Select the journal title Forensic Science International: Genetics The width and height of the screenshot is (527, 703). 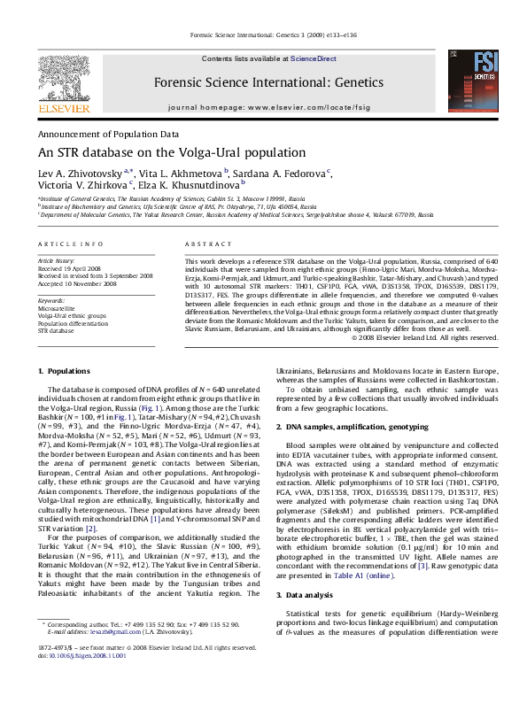(257, 81)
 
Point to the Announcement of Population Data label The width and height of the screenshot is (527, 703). (107, 133)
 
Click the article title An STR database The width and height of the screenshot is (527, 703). (171, 151)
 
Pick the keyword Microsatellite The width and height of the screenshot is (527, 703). (57, 307)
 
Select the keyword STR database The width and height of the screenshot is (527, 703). (56, 330)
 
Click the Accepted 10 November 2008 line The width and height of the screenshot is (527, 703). (81, 284)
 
